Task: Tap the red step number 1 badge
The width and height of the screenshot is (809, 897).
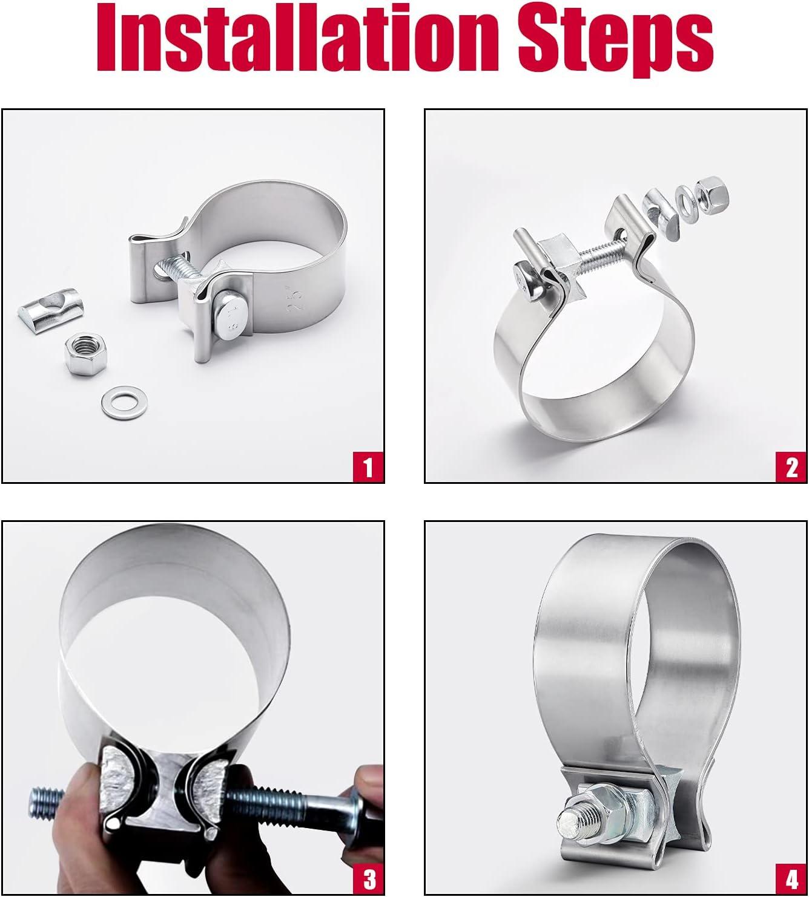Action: point(368,466)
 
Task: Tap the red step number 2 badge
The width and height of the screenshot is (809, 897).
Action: point(791,466)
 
